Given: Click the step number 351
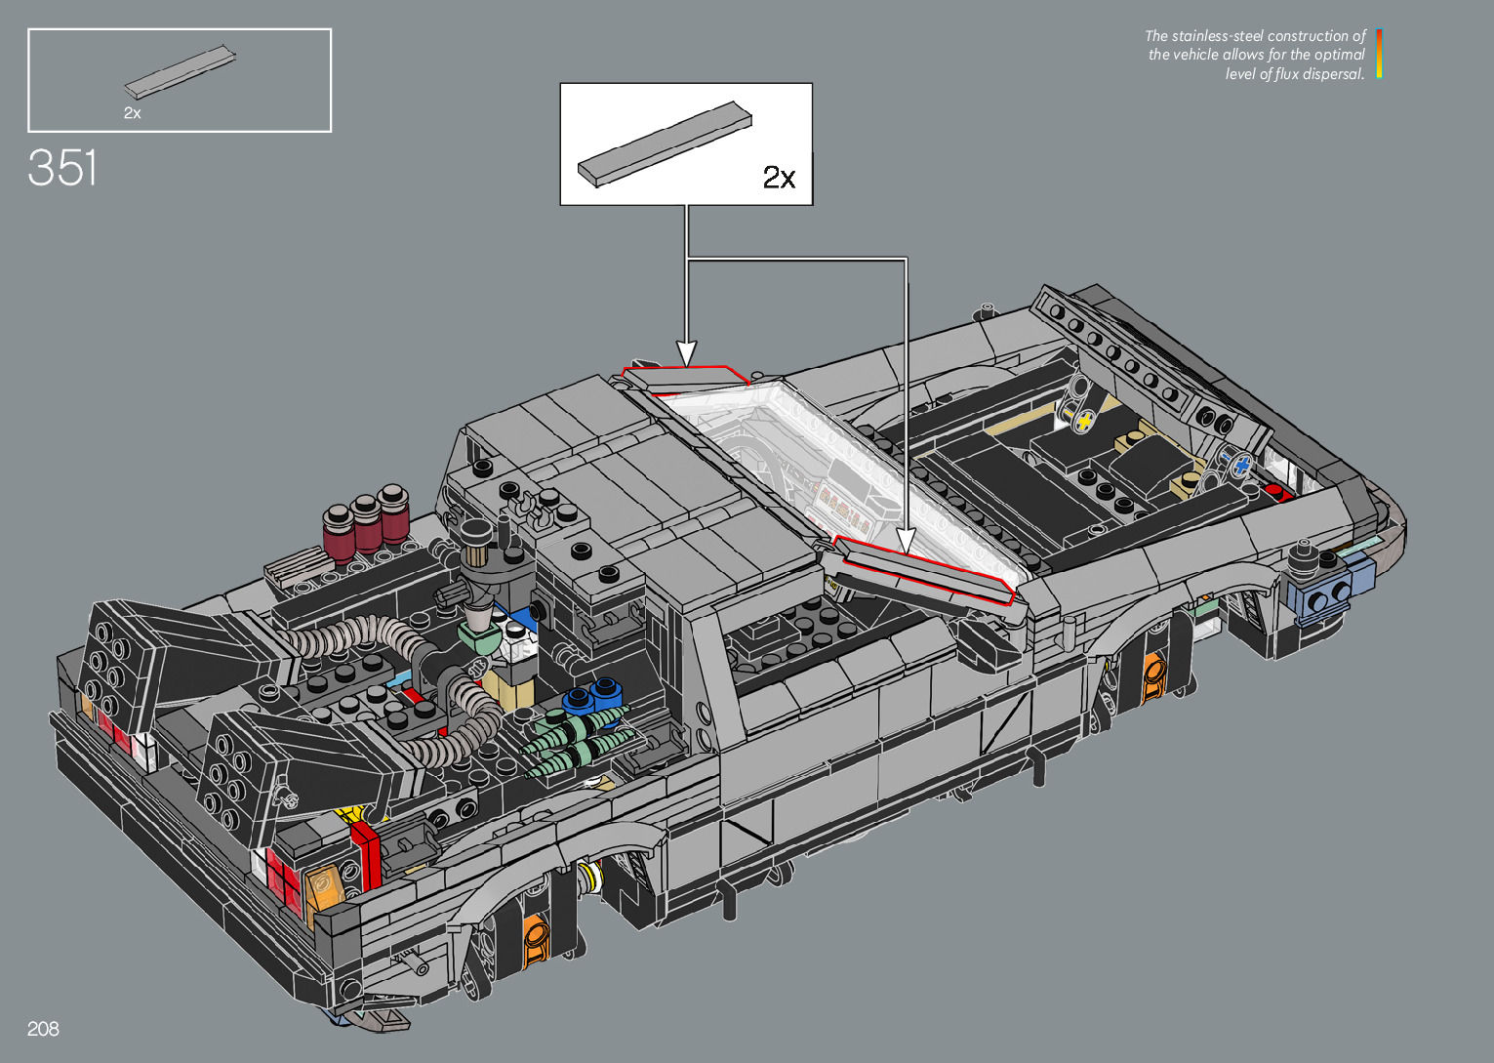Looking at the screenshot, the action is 62,168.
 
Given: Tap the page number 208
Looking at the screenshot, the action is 43,1029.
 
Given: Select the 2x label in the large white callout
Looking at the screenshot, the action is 779,177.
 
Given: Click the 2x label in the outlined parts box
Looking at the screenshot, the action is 132,113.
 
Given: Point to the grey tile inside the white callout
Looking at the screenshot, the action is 665,143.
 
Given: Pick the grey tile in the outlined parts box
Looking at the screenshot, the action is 181,72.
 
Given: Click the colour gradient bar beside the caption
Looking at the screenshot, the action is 1379,54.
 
